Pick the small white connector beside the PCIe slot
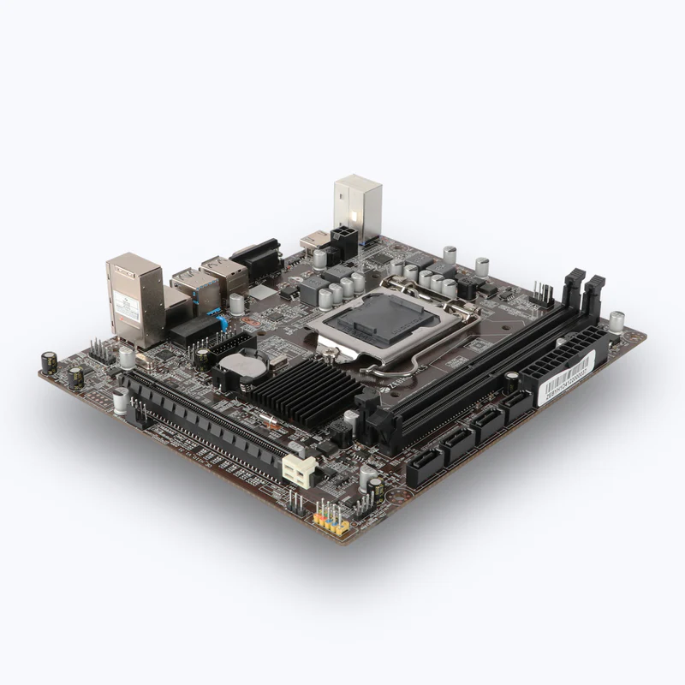click(x=300, y=468)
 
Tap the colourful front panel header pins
click(x=331, y=519)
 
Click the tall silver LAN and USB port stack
click(x=134, y=295)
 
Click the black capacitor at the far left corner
click(x=50, y=361)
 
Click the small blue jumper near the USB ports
click(x=222, y=324)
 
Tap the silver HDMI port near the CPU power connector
click(x=314, y=240)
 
